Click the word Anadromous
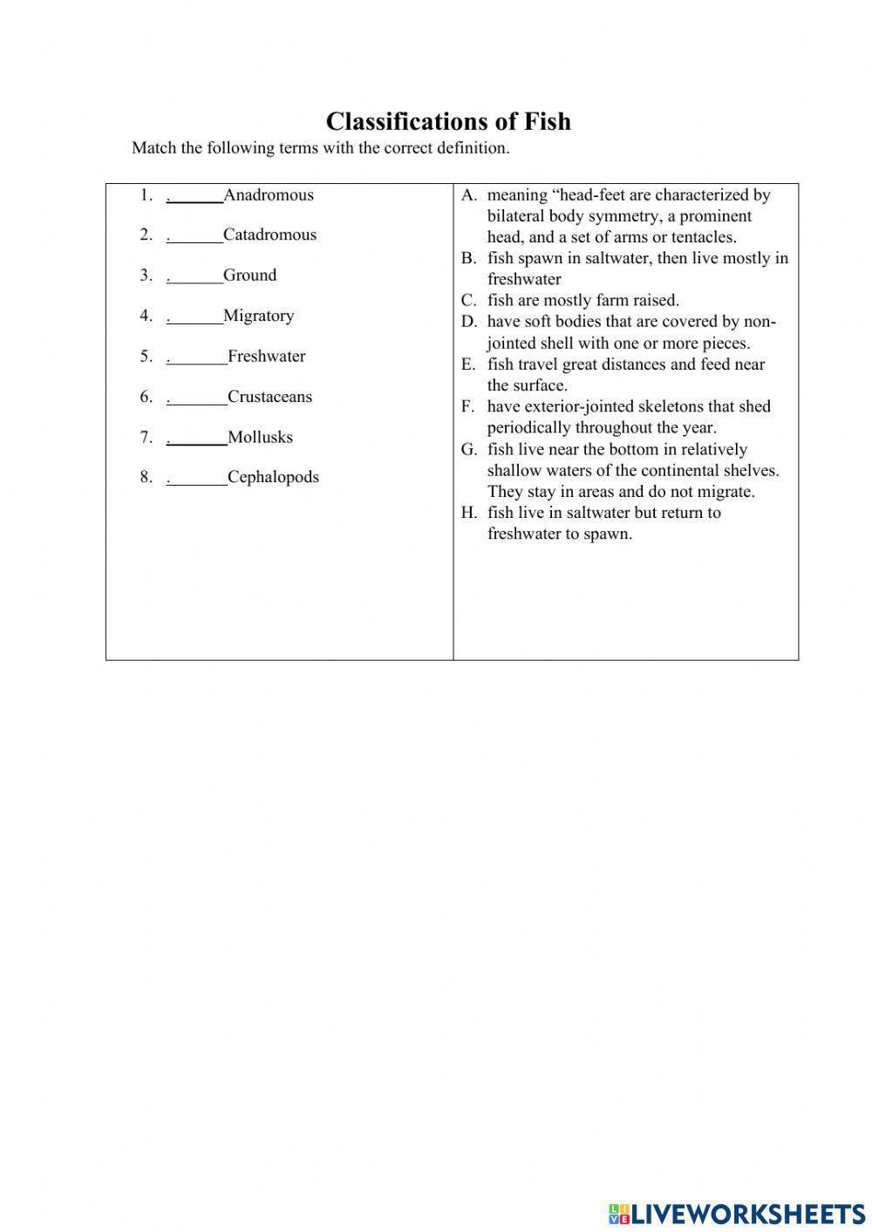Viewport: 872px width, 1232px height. click(x=269, y=194)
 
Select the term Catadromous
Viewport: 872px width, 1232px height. click(x=269, y=235)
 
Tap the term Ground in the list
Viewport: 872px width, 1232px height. click(x=249, y=276)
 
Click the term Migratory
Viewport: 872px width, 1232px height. click(x=258, y=316)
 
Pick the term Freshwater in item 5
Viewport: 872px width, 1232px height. click(x=266, y=356)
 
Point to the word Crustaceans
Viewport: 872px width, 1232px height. click(x=269, y=397)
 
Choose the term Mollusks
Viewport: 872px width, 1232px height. click(x=260, y=437)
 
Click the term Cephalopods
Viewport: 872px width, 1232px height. click(x=273, y=477)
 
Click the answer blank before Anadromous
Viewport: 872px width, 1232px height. click(x=195, y=197)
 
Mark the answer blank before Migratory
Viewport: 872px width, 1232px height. click(x=195, y=318)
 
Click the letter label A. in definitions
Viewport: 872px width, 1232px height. click(x=469, y=195)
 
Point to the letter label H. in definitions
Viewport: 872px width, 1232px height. click(x=469, y=513)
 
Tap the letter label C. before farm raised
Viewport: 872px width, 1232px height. click(x=469, y=301)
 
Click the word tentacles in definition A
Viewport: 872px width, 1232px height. click(x=700, y=237)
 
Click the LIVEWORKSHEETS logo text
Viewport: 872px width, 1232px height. click(x=746, y=1213)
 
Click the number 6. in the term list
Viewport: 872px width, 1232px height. click(x=146, y=397)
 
